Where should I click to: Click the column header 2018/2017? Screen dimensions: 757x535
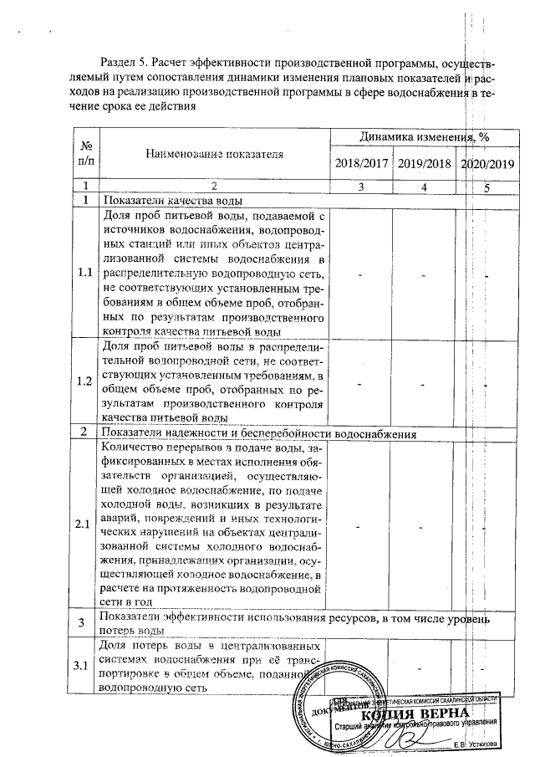[362, 163]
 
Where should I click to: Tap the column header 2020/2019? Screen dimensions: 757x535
[487, 164]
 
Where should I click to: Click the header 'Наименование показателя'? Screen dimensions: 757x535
[214, 154]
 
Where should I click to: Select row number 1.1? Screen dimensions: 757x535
[85, 273]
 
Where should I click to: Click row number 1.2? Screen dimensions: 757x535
[85, 381]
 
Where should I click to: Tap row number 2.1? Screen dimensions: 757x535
[85, 524]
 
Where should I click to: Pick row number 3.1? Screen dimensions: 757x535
[85, 665]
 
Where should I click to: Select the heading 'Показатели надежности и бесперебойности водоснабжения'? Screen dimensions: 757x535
[258, 433]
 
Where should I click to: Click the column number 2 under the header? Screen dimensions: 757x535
[214, 187]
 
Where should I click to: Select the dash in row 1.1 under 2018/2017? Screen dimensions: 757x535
[360, 274]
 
